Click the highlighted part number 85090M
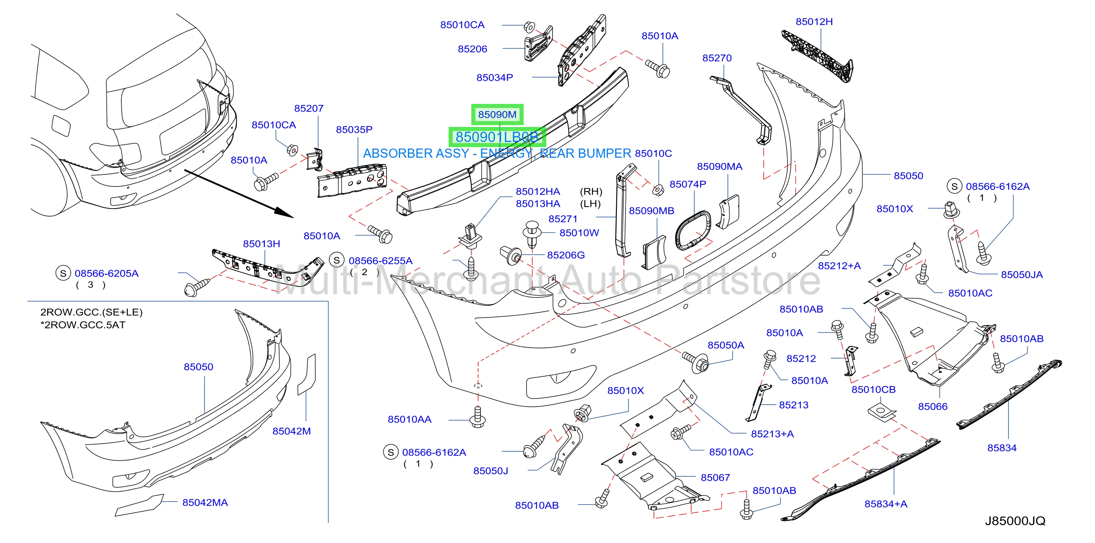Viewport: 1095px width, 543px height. [497, 115]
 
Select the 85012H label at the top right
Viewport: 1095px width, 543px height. [814, 22]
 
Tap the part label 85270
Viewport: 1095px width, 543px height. [717, 58]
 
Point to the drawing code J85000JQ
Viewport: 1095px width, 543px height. [1015, 521]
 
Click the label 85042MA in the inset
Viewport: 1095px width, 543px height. [205, 503]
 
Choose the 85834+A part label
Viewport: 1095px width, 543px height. [886, 504]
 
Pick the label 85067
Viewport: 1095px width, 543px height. [715, 478]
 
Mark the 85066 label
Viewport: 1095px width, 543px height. [933, 407]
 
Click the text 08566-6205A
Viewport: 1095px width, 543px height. [107, 273]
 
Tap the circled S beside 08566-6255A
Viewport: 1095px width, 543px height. [337, 260]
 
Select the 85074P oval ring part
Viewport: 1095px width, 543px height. [693, 230]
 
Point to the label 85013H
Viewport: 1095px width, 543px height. [262, 244]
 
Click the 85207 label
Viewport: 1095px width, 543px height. [309, 109]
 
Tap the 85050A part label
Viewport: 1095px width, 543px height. [726, 345]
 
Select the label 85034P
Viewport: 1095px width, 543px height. [494, 78]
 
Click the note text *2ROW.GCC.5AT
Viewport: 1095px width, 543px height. [83, 325]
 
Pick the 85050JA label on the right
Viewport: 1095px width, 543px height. [1022, 274]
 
